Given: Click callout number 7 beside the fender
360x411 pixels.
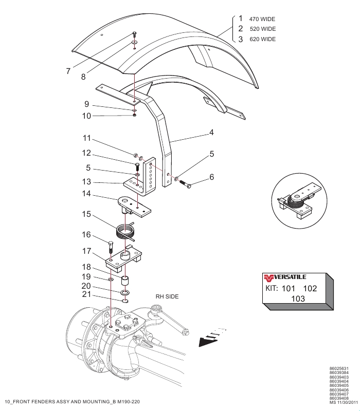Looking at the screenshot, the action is point(68,71).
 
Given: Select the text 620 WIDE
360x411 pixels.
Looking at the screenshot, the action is point(263,40).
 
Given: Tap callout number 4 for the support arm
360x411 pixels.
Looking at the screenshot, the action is point(211,133).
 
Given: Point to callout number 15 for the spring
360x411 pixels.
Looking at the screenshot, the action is point(86,214).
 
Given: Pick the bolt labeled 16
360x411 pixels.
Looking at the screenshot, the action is point(111,247).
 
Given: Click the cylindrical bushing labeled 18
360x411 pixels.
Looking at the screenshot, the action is point(125,280).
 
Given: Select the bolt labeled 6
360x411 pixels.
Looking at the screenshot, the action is point(185,184).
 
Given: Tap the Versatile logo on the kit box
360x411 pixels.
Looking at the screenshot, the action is point(285,277).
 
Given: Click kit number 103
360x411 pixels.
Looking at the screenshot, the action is point(298,299).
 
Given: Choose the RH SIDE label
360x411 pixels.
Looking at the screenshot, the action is point(167,296).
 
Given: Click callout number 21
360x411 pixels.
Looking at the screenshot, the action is point(86,294).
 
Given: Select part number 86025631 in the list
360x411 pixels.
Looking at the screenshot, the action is point(339,368).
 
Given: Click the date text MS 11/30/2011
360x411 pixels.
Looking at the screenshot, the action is point(344,402).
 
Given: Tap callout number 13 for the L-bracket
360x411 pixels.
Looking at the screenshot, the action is point(86,182).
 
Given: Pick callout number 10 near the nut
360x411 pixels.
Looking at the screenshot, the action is point(86,116).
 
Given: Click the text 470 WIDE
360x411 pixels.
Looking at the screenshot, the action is point(262,19).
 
